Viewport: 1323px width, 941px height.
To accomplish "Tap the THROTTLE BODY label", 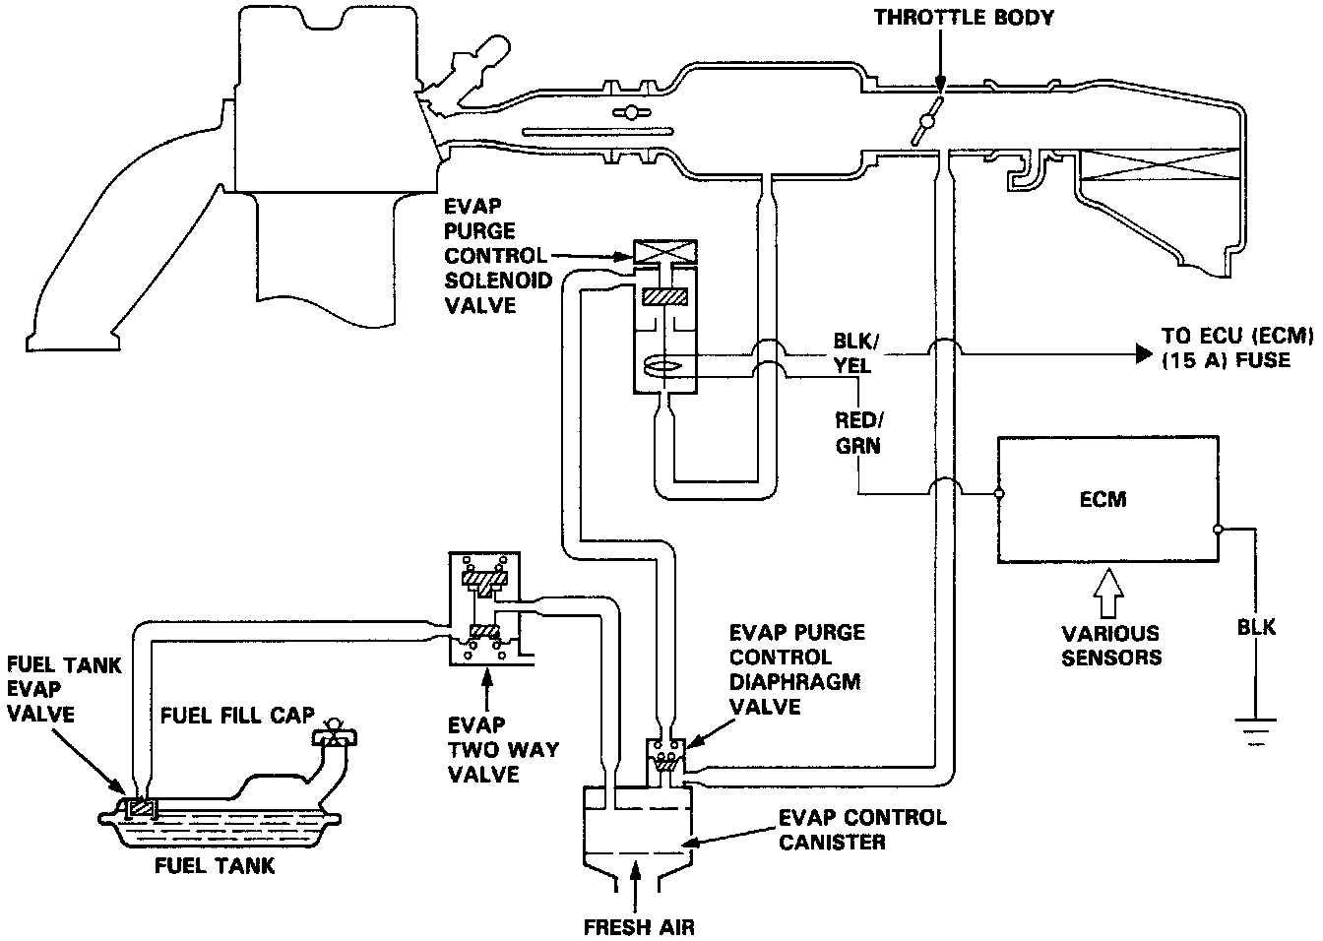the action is (x=964, y=18).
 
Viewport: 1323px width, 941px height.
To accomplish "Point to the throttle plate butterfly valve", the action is (x=927, y=121).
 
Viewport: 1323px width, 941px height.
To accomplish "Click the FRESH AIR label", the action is (x=639, y=927).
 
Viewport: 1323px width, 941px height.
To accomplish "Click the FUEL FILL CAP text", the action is (x=237, y=716).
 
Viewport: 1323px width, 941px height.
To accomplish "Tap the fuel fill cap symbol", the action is (x=335, y=733).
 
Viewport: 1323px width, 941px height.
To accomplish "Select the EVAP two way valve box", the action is (x=484, y=608).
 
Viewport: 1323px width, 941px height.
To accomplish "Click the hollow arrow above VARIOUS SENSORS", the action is (x=1108, y=594).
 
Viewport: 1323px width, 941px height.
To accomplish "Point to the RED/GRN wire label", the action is (x=858, y=433).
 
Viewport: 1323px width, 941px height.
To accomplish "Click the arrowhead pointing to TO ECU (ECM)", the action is (x=1144, y=353).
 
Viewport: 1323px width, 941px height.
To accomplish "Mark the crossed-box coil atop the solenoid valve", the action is (x=665, y=253).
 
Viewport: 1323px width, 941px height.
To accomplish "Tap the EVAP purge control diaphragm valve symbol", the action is (x=666, y=755).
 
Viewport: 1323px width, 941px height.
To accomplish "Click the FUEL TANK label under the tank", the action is (x=215, y=866).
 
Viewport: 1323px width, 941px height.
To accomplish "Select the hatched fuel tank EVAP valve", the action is (x=142, y=807).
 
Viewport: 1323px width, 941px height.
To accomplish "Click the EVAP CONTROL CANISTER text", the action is (x=862, y=830).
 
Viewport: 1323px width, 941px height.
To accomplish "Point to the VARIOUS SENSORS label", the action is (x=1111, y=646).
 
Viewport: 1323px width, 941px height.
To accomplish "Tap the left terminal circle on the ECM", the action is (x=999, y=493).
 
